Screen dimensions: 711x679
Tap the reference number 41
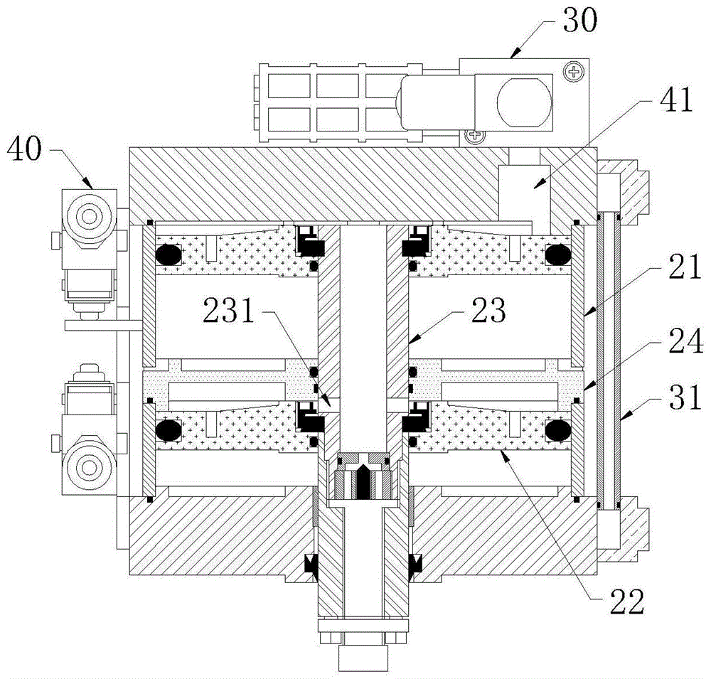[x=676, y=100]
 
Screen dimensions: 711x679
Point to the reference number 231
[x=229, y=311]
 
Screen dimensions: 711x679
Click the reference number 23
[x=488, y=311]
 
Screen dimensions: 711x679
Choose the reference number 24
[x=686, y=341]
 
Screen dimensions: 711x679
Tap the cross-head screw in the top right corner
[x=574, y=72]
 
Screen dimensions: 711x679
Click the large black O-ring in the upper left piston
[x=169, y=255]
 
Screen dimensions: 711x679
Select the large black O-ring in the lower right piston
[x=557, y=430]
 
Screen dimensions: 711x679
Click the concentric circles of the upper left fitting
[x=88, y=216]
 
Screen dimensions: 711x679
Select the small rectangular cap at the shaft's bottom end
[x=363, y=658]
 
